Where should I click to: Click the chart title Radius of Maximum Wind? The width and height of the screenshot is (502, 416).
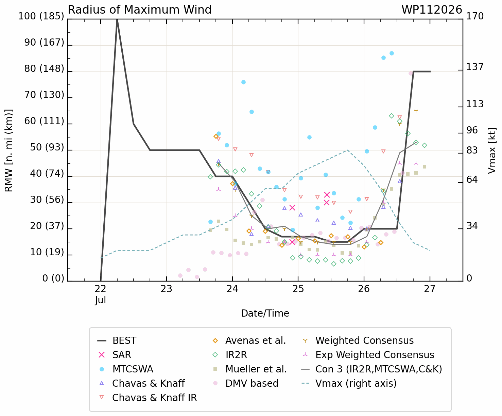(x=139, y=10)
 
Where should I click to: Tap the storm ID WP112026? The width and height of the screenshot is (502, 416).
(x=432, y=10)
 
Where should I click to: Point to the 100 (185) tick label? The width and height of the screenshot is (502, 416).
(x=41, y=16)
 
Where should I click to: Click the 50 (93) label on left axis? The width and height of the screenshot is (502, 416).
(x=47, y=147)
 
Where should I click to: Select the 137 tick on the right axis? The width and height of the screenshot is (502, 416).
(x=475, y=67)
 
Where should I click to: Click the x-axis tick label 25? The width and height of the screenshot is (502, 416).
(x=298, y=289)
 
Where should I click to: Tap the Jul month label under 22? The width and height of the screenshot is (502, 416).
(x=101, y=300)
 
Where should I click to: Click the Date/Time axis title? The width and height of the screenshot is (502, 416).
(x=265, y=314)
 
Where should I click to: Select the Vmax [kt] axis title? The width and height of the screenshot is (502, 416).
(x=492, y=151)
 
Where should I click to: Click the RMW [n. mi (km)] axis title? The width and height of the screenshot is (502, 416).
(x=8, y=151)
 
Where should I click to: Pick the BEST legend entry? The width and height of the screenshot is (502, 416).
(x=117, y=341)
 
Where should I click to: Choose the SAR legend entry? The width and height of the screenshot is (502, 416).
(x=114, y=355)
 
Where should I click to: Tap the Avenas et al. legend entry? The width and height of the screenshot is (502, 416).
(x=249, y=341)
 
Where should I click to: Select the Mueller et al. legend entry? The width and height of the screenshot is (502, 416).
(x=250, y=369)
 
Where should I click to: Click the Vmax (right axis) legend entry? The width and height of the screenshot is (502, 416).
(x=349, y=383)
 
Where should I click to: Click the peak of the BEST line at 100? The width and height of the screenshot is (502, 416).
(x=117, y=19)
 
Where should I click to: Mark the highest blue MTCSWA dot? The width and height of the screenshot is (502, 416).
(x=392, y=53)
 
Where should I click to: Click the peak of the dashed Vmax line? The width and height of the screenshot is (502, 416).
(x=347, y=150)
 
